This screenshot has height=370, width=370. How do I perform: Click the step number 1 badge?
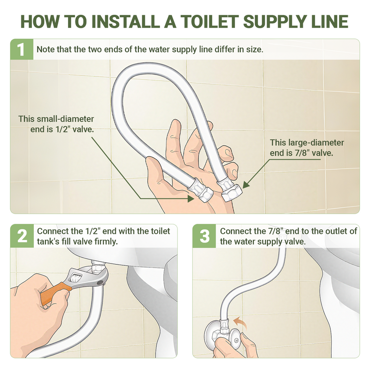[x=21, y=49]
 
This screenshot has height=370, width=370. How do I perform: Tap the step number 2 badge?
[x=22, y=236]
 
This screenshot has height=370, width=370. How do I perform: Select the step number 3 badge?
[x=204, y=236]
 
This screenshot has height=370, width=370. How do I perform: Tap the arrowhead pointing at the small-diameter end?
[x=191, y=199]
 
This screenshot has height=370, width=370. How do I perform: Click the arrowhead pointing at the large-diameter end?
[x=246, y=185]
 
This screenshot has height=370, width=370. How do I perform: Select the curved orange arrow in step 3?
[x=240, y=322]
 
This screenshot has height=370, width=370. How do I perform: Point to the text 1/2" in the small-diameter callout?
[x=62, y=129]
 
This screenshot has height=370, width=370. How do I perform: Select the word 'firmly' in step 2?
[x=106, y=241]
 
